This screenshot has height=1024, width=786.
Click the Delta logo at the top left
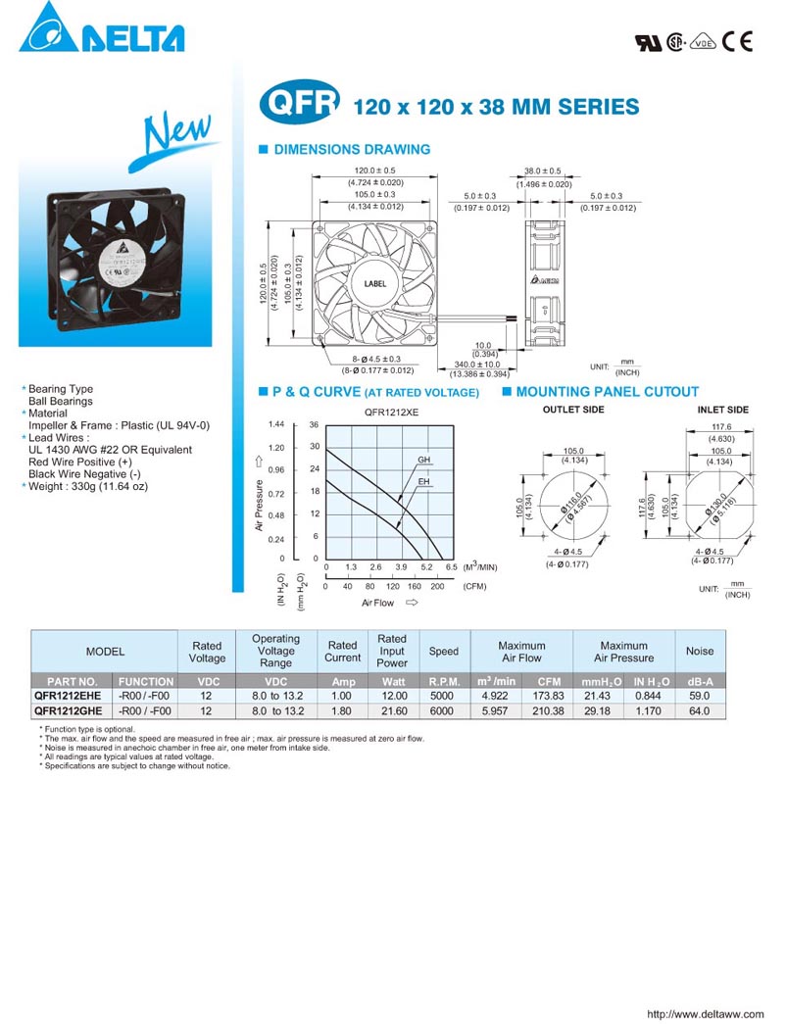click(x=101, y=29)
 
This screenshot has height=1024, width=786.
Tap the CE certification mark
click(x=736, y=41)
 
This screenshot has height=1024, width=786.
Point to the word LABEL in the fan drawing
click(x=375, y=284)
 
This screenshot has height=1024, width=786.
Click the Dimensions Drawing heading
click(x=351, y=150)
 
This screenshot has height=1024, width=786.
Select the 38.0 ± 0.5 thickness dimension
click(x=543, y=171)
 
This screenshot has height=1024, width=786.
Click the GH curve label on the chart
click(x=424, y=460)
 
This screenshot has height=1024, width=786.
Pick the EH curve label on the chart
click(x=424, y=482)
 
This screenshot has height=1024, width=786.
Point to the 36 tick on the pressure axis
click(x=314, y=425)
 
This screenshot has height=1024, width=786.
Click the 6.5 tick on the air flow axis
click(x=451, y=567)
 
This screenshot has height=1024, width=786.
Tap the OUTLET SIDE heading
click(x=573, y=410)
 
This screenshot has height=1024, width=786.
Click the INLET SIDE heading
click(x=722, y=410)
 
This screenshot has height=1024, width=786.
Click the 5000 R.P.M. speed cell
click(x=443, y=695)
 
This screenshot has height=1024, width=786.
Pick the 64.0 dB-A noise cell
click(x=700, y=711)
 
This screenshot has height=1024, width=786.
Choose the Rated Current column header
click(x=342, y=652)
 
